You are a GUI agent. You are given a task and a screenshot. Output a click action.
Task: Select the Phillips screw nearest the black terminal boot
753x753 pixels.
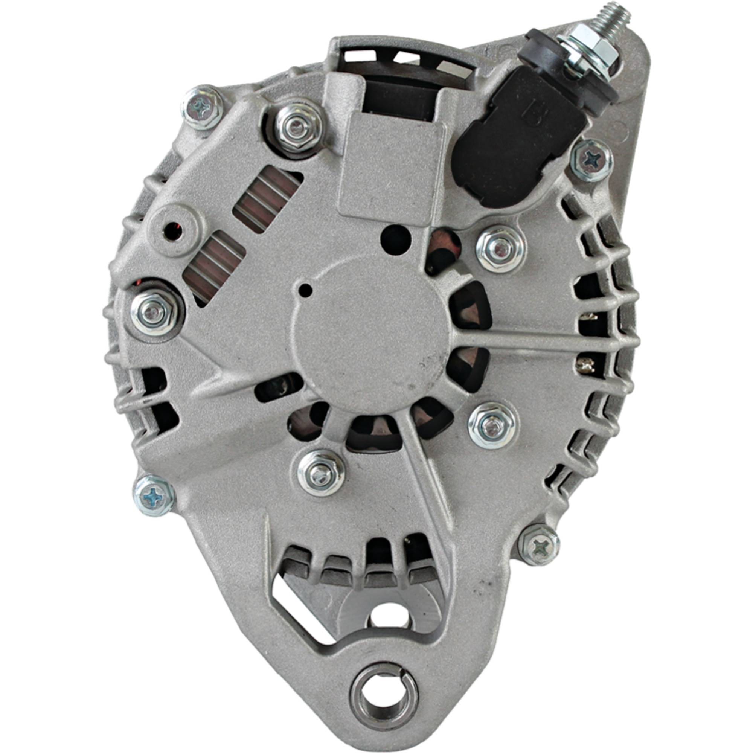[590, 159]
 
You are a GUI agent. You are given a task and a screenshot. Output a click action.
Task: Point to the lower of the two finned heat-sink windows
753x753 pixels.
[213, 268]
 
